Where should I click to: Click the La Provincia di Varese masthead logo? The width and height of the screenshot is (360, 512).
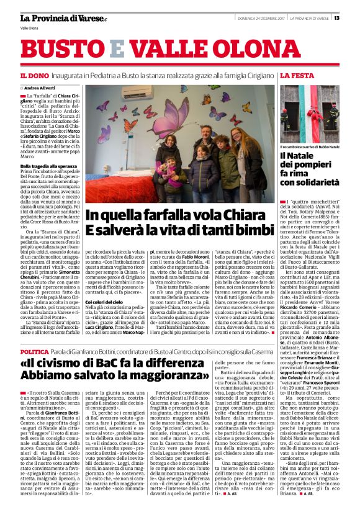tap(55, 17)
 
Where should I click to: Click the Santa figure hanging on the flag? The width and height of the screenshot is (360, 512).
tap(295, 115)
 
